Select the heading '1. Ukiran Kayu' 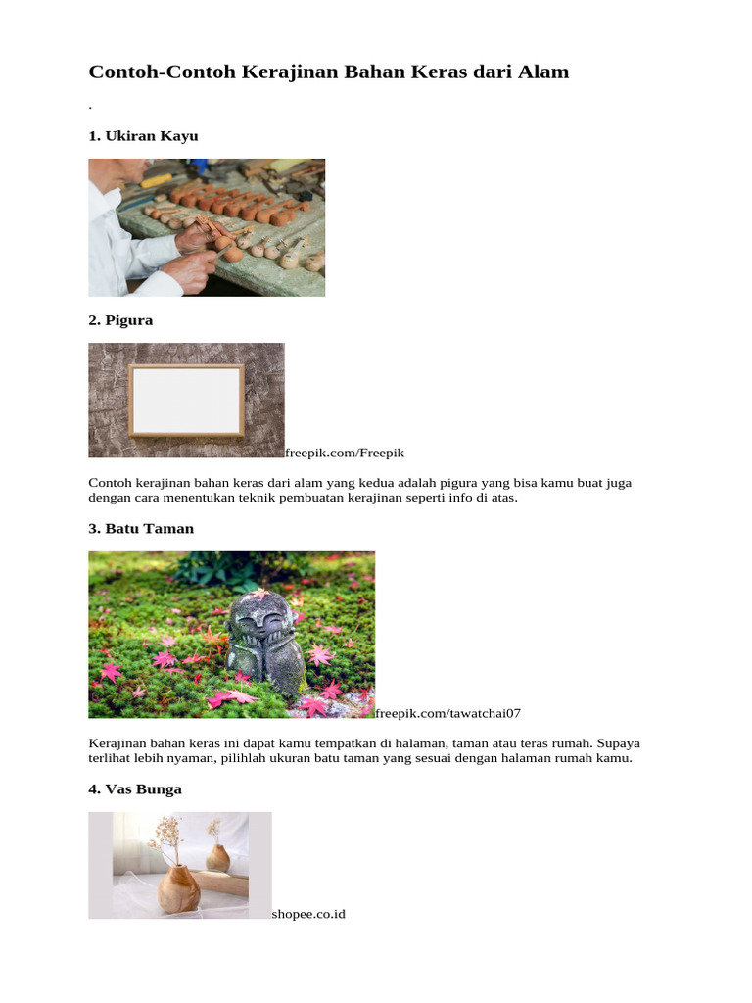(143, 136)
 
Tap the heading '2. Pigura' (120, 320)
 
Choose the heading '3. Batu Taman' (141, 529)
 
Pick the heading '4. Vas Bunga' (135, 789)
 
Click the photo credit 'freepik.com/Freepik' (345, 453)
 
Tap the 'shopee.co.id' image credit (308, 914)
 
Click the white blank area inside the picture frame (186, 400)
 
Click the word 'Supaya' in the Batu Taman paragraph (618, 743)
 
